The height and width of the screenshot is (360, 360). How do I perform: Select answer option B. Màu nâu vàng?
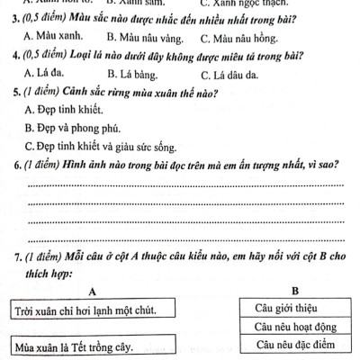tap(144, 39)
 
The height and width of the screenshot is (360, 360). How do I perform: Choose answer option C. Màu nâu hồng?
tap(240, 39)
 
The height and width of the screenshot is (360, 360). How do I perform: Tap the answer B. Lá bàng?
tap(133, 76)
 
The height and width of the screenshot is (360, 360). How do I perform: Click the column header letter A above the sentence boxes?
tap(92, 292)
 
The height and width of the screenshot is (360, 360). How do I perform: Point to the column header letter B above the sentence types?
tap(295, 290)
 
